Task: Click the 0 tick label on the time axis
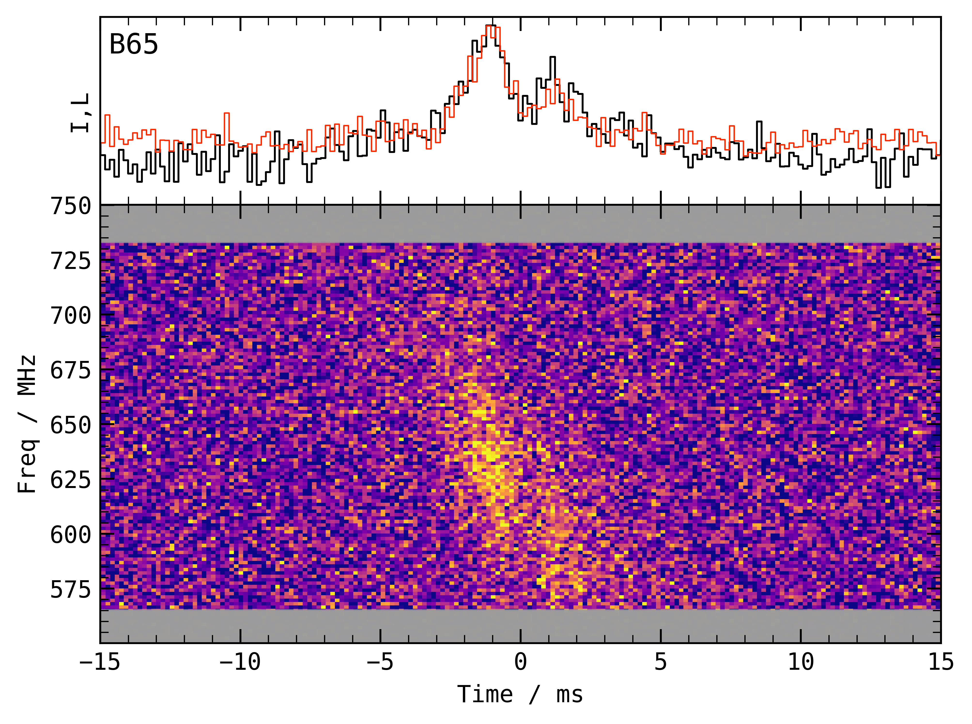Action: (x=520, y=662)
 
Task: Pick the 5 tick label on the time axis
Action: (x=661, y=662)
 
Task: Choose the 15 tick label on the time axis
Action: (x=941, y=662)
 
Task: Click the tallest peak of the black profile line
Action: (x=491, y=26)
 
